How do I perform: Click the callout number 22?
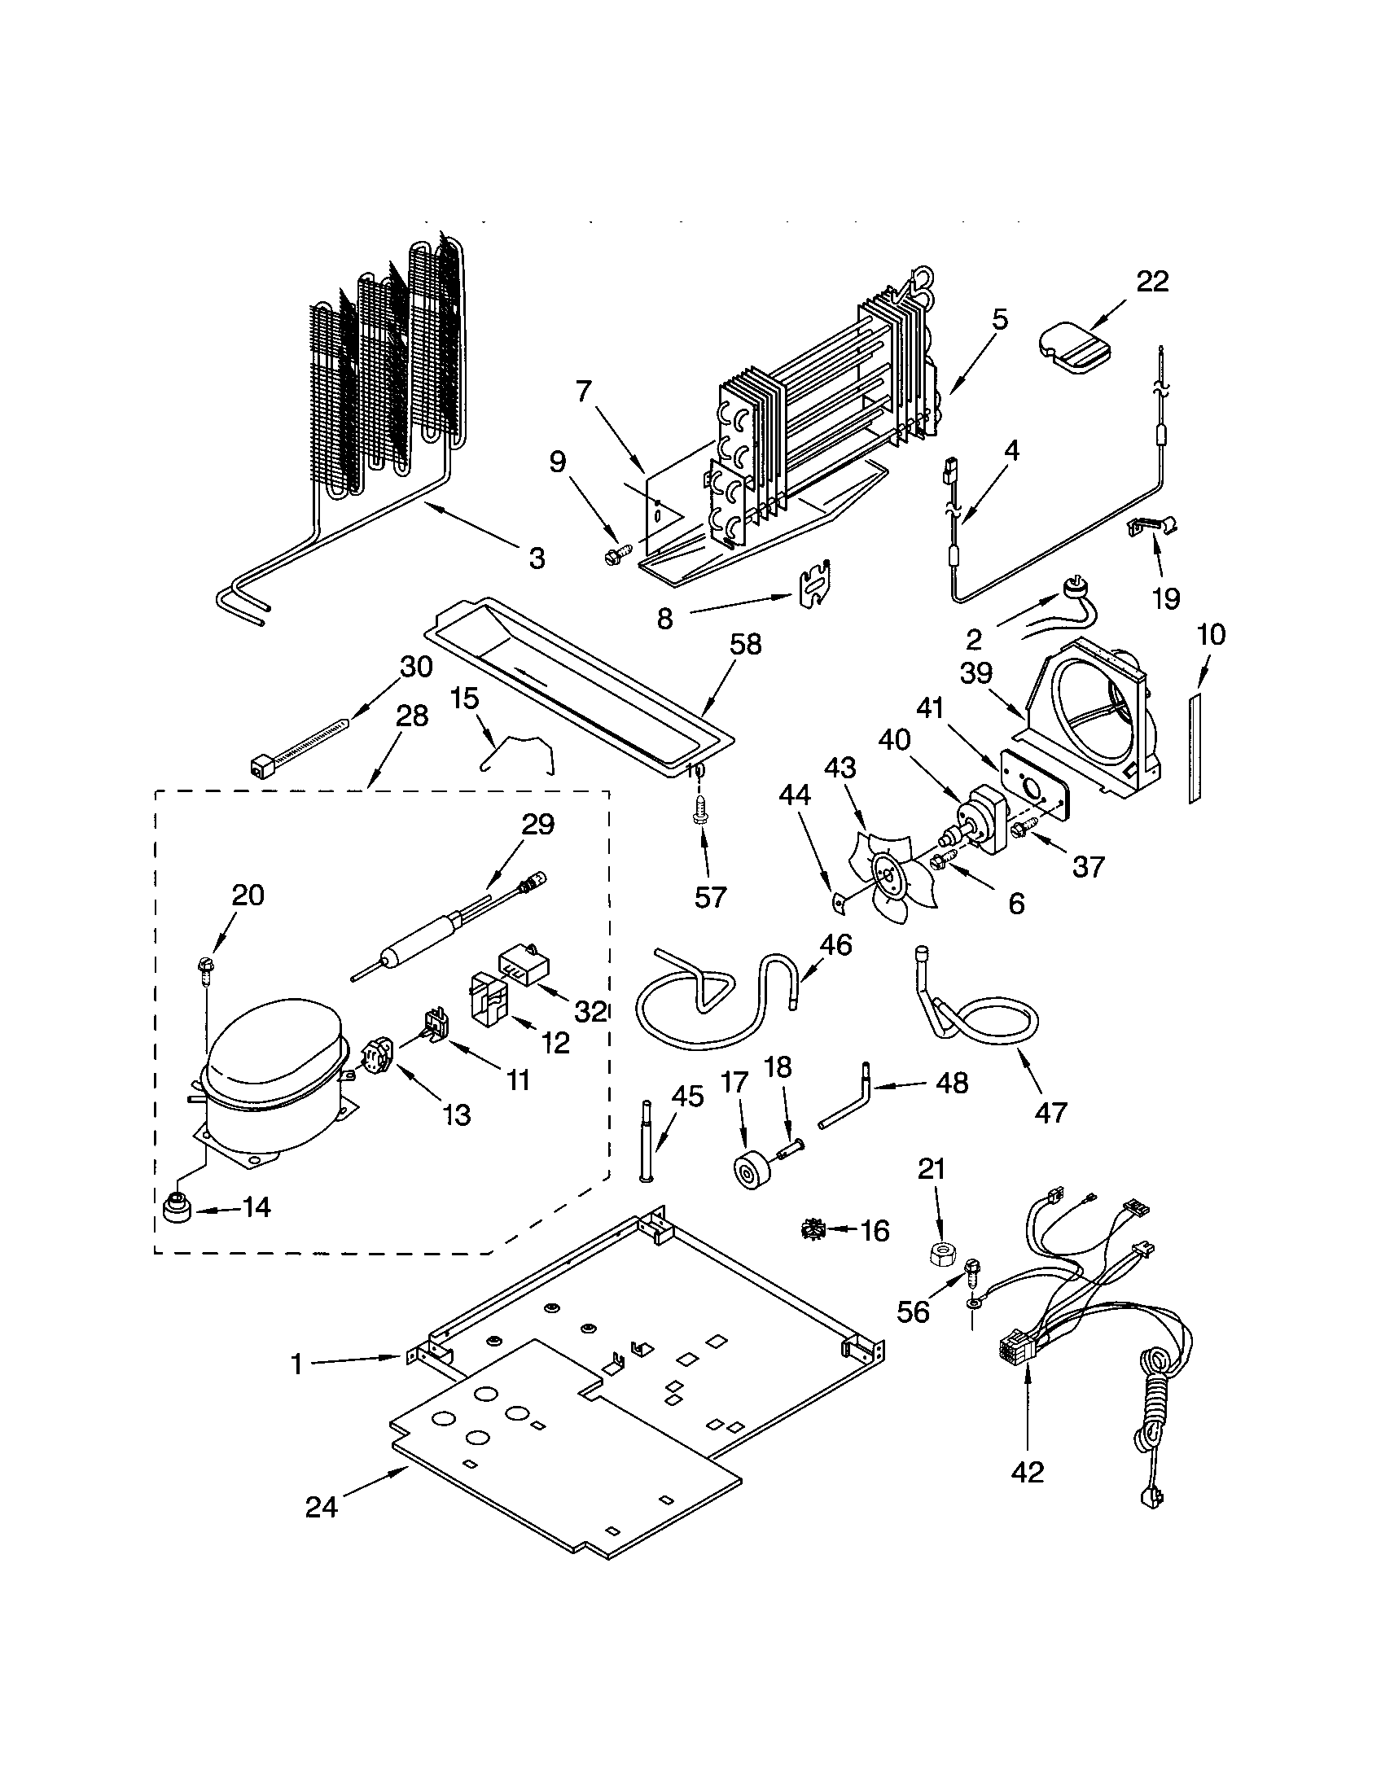pyautogui.click(x=1151, y=282)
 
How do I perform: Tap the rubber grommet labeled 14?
pyautogui.click(x=178, y=1209)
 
